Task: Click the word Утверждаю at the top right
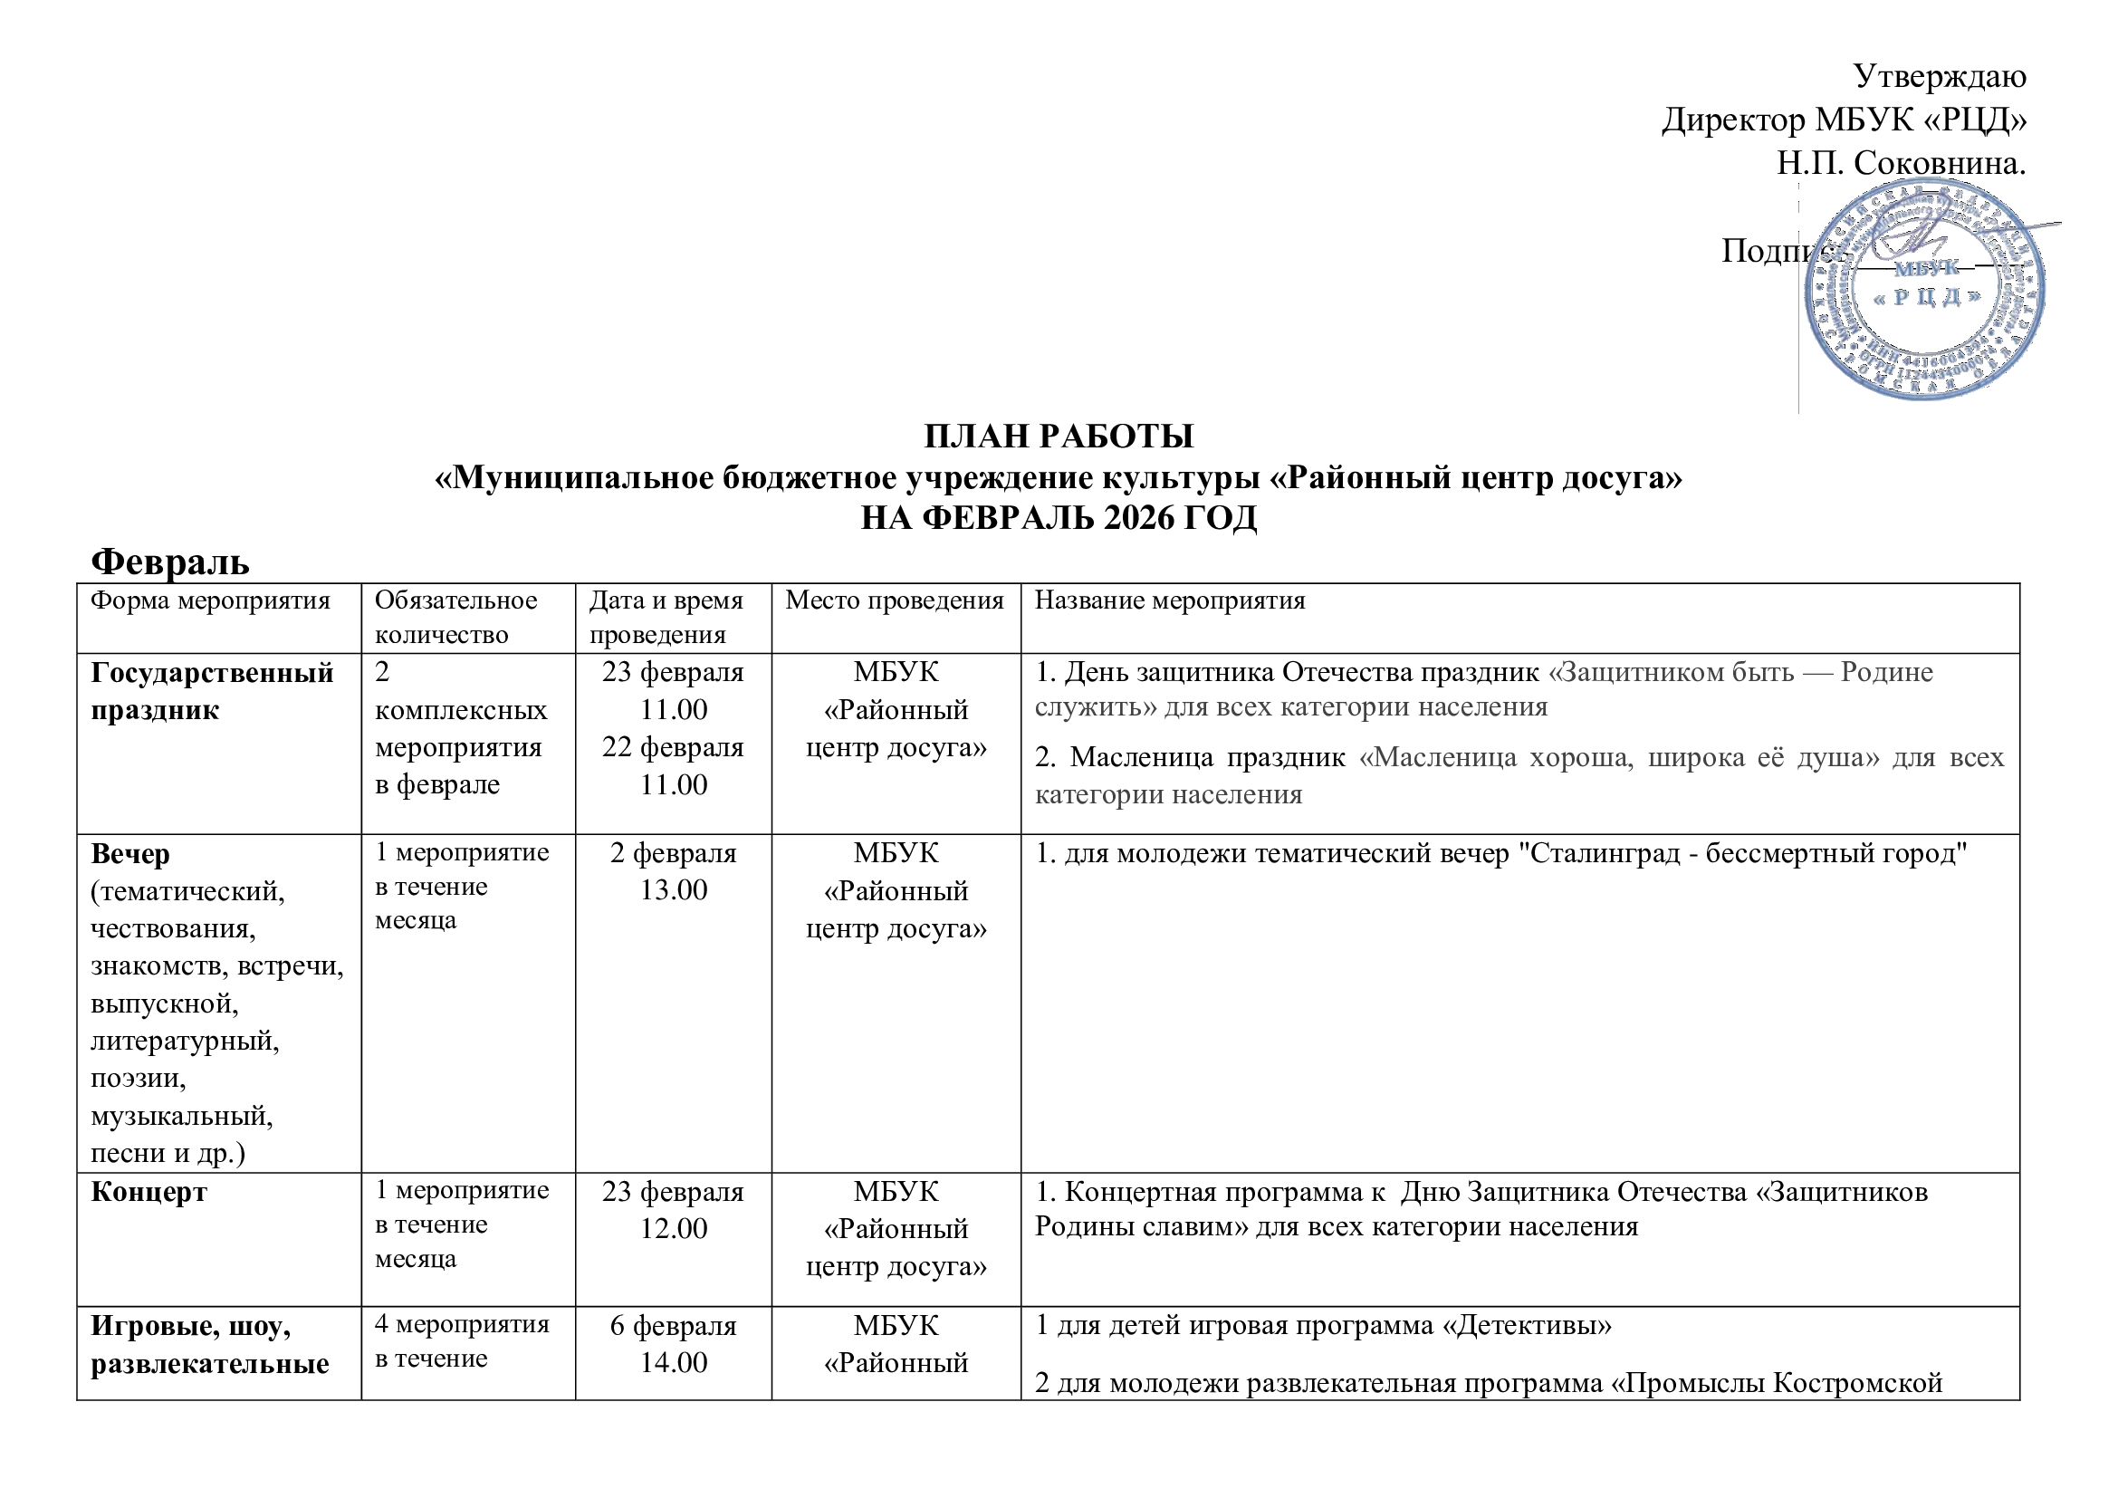tap(1939, 76)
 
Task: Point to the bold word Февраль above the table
tap(170, 561)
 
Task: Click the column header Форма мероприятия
tap(210, 600)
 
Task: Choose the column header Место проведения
tap(894, 600)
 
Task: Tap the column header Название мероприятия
tap(1170, 600)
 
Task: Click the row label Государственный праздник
tap(211, 691)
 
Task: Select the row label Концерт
tap(149, 1192)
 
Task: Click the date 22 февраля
tap(673, 747)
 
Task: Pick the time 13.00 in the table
tap(674, 890)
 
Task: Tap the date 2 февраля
tap(673, 853)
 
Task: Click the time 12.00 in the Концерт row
tap(674, 1229)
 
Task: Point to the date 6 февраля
tap(673, 1326)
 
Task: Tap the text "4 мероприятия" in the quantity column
tap(461, 1325)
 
